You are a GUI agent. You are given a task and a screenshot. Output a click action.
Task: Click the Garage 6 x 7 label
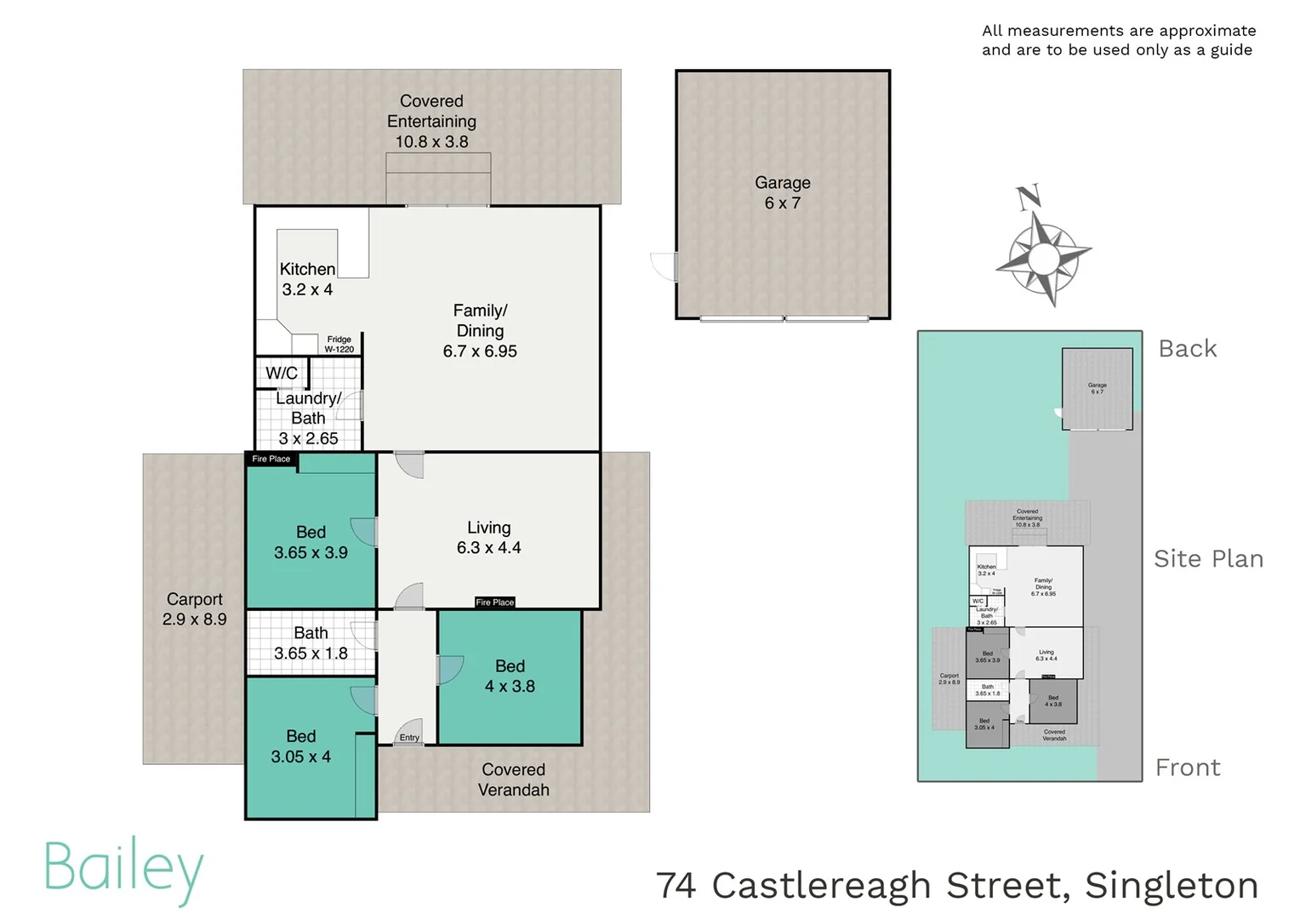tap(782, 193)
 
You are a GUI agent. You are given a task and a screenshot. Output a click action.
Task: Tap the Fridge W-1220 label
tap(339, 344)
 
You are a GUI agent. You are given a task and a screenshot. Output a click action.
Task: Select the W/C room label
tap(282, 373)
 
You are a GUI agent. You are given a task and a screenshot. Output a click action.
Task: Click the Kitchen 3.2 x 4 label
tap(307, 279)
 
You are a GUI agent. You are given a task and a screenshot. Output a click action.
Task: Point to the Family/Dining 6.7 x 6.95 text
tap(480, 331)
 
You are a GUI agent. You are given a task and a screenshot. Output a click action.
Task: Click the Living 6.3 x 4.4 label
tap(488, 538)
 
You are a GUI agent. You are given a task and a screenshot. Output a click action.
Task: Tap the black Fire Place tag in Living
tap(494, 602)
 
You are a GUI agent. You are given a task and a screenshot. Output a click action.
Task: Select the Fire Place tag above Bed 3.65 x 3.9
tap(271, 459)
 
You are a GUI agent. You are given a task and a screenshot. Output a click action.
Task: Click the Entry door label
tap(409, 738)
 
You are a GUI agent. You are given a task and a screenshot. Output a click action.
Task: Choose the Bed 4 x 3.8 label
tap(510, 676)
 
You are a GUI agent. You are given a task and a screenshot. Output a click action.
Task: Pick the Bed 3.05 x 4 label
tap(300, 746)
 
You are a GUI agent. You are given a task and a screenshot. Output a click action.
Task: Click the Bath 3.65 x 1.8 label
tap(311, 643)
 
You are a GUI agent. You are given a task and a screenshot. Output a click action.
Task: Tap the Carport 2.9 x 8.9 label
tap(194, 609)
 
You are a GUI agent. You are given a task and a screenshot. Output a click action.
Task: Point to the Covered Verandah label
tap(513, 779)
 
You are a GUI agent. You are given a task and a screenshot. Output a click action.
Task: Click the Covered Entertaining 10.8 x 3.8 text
tap(431, 122)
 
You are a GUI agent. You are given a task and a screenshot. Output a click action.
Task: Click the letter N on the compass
tap(1029, 197)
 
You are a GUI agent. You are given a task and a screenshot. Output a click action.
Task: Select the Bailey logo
tap(124, 869)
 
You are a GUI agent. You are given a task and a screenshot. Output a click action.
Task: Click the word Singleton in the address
tap(1172, 886)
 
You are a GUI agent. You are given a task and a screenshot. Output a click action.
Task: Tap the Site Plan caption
tap(1208, 559)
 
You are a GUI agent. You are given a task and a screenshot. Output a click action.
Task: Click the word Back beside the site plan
tap(1188, 349)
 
